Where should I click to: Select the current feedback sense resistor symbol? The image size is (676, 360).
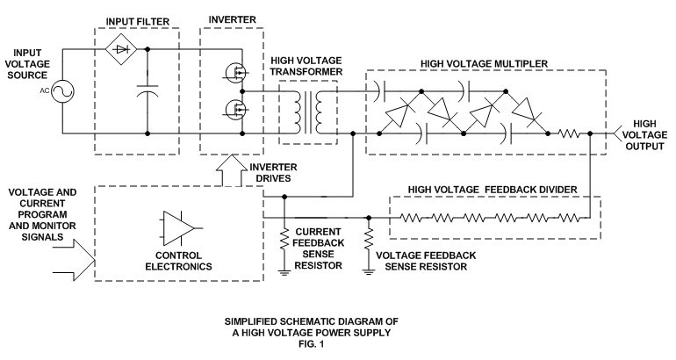pos(284,236)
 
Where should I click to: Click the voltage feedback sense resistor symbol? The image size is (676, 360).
pos(368,236)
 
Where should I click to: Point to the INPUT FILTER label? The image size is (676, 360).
pos(140,20)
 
